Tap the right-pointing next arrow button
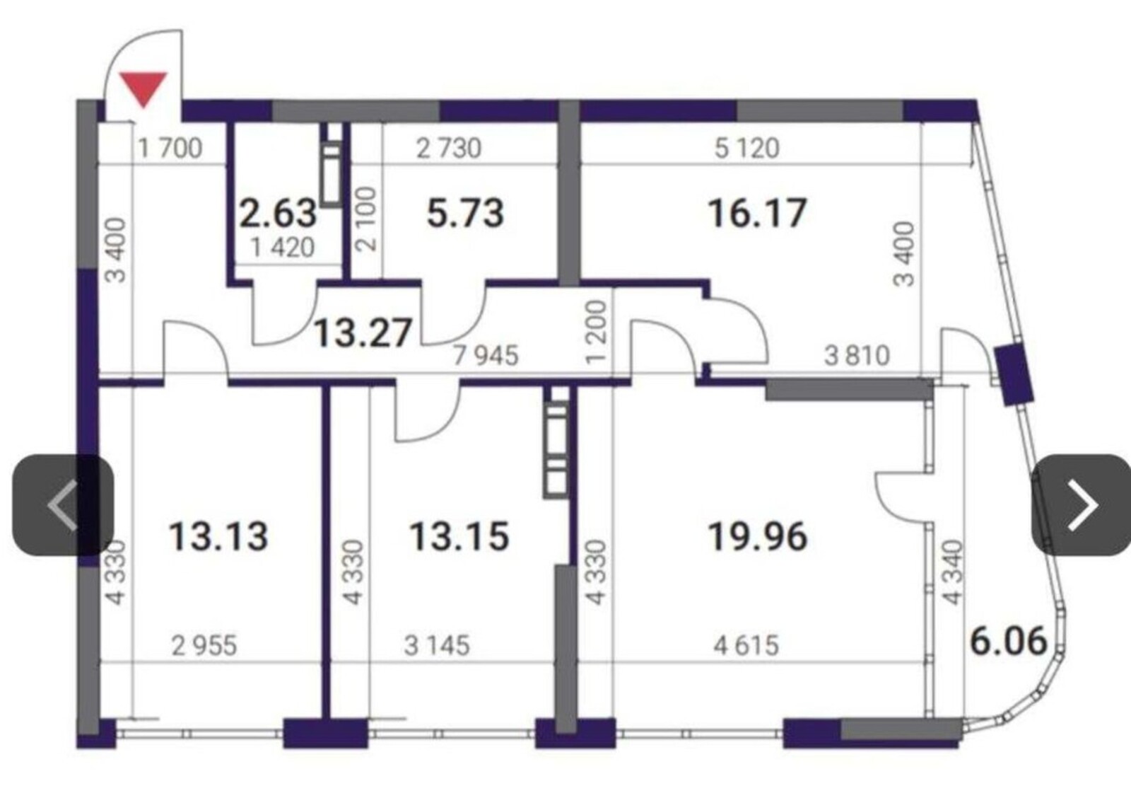click(x=1081, y=505)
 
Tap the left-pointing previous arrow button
click(x=63, y=505)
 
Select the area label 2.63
click(x=279, y=213)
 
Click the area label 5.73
click(x=466, y=213)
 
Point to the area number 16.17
click(x=757, y=213)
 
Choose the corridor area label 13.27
click(x=363, y=333)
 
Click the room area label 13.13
click(x=218, y=536)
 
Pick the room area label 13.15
click(x=459, y=536)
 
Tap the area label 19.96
click(x=758, y=536)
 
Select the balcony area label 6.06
click(x=1009, y=641)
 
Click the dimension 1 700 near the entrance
click(x=170, y=149)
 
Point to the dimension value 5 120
click(x=747, y=149)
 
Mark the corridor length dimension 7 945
click(x=486, y=355)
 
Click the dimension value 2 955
click(x=204, y=646)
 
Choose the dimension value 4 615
click(x=746, y=646)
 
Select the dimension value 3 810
click(x=857, y=355)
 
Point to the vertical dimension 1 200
click(x=597, y=332)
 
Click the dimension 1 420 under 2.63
click(x=283, y=248)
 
